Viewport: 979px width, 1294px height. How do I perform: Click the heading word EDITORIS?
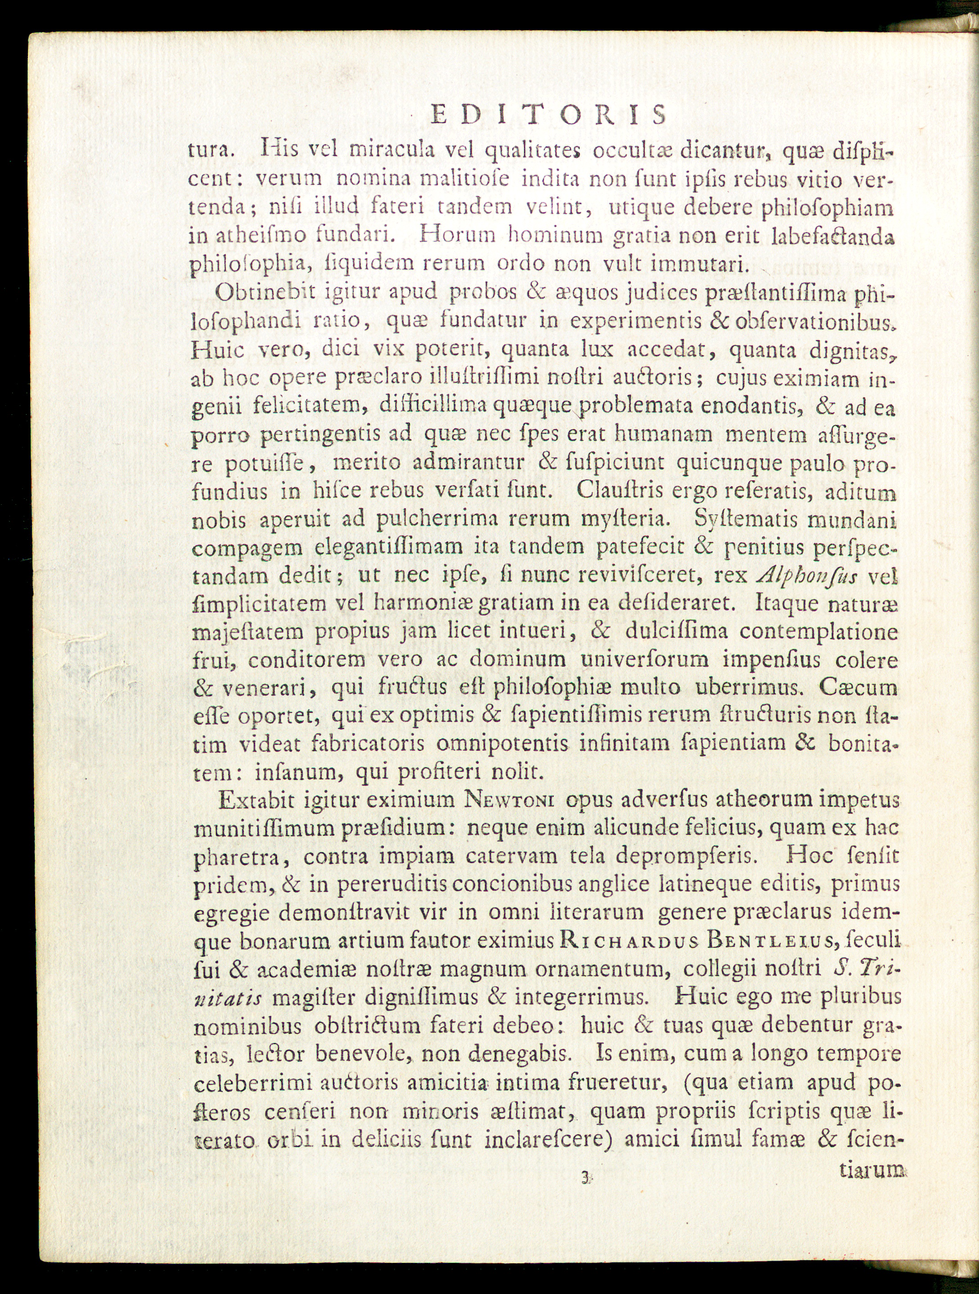pyautogui.click(x=548, y=115)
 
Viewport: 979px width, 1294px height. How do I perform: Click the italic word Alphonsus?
pyautogui.click(x=808, y=576)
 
